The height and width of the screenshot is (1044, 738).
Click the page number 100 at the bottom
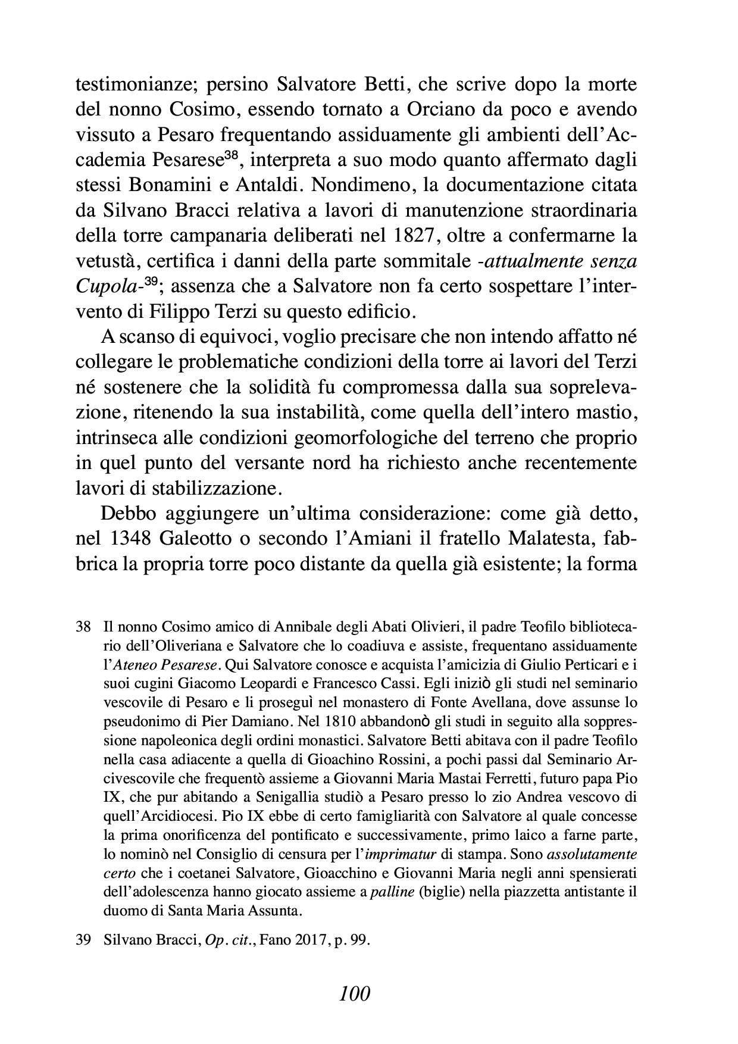point(355,993)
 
